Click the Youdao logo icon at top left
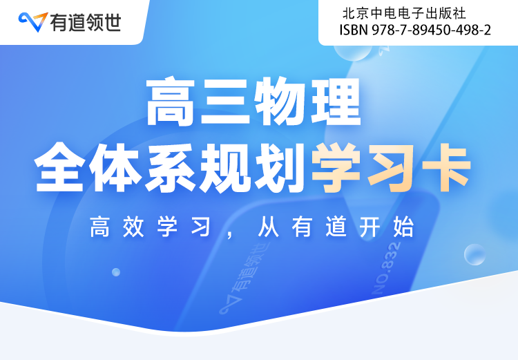[33, 22]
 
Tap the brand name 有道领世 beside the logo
[86, 23]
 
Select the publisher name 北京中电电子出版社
[404, 14]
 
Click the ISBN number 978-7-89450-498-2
[432, 30]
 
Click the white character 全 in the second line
[59, 167]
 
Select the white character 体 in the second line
[115, 167]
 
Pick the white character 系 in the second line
[170, 167]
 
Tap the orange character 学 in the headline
[336, 167]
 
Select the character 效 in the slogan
[133, 227]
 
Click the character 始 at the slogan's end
[403, 227]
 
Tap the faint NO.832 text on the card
[386, 268]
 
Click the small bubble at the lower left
[116, 272]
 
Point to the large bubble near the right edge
[474, 254]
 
